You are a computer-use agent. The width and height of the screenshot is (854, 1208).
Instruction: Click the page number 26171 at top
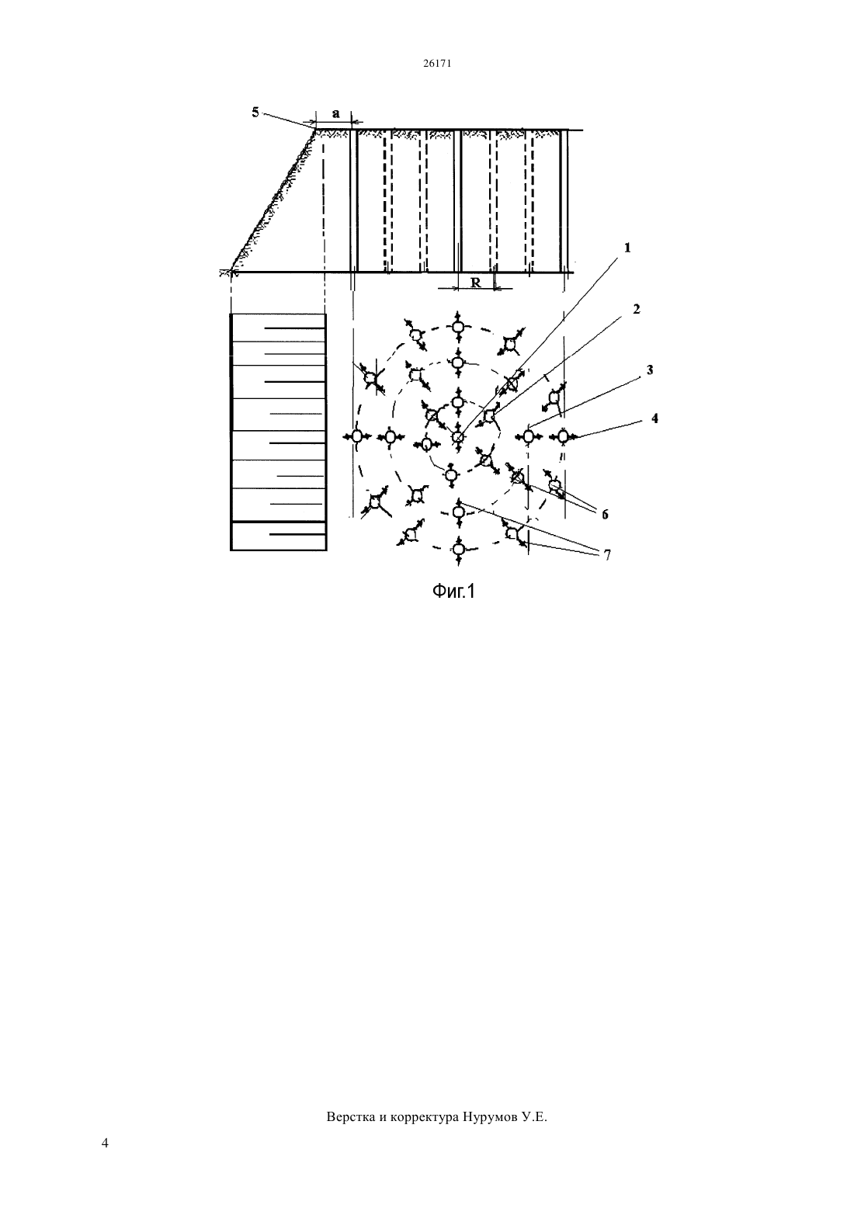(x=436, y=64)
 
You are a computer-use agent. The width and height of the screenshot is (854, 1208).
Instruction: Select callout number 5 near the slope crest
(x=255, y=113)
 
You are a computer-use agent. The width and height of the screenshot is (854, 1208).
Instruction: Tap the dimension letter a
(x=336, y=114)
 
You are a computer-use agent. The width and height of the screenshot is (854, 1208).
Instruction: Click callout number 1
(x=627, y=248)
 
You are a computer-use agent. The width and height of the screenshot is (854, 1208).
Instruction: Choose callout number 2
(x=636, y=309)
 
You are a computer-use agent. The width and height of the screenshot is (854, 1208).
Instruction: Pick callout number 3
(x=650, y=370)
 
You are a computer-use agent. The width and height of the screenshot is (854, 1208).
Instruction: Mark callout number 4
(x=654, y=418)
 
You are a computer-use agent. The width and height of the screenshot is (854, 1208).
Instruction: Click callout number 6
(x=605, y=515)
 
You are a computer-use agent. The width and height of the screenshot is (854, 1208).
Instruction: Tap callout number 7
(x=607, y=554)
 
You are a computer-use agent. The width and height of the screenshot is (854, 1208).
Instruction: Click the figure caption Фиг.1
(x=453, y=592)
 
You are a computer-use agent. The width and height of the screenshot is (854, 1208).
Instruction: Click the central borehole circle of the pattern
(x=457, y=436)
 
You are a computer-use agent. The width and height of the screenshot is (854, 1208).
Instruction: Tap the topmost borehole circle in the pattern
(x=458, y=327)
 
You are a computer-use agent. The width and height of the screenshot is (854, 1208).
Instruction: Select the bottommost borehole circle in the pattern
(x=458, y=550)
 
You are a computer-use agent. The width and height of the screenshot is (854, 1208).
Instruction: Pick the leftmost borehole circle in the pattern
(x=356, y=436)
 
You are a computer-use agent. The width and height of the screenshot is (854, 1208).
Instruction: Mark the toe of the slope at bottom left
(x=231, y=272)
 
